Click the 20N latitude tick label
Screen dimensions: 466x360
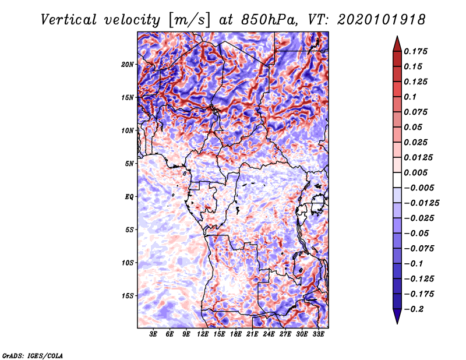pos(128,65)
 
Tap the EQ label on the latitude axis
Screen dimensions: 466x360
pos(129,197)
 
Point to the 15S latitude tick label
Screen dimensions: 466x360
pos(128,296)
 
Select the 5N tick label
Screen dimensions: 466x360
pos(129,164)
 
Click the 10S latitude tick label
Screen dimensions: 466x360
pos(128,263)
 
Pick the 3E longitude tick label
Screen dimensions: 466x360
pos(153,334)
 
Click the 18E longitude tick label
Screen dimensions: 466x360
pos(236,334)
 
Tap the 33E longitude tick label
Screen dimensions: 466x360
pos(318,334)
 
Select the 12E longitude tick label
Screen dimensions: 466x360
pos(203,334)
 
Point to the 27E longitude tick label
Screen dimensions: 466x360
pos(285,334)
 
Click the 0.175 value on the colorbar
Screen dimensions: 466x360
pos(415,51)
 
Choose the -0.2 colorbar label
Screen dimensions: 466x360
pos(414,309)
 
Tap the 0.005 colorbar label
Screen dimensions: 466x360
pos(415,172)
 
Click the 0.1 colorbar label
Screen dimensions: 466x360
pos(410,97)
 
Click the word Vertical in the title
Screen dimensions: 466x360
pos(69,20)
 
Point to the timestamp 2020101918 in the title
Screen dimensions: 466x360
pos(382,20)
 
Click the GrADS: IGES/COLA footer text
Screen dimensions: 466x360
pos(33,356)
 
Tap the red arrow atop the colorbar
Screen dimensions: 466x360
pos(397,45)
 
